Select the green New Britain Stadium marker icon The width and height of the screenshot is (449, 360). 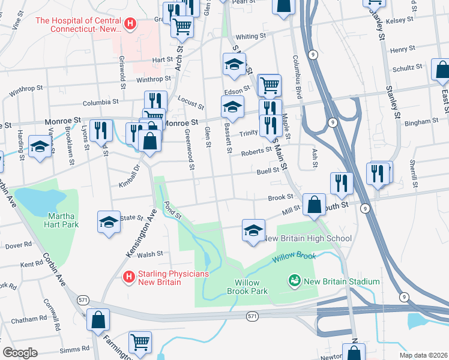tap(294, 280)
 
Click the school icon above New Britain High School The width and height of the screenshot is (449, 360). tap(253, 230)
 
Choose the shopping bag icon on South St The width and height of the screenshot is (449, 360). tap(315, 205)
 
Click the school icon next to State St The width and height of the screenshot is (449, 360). tap(109, 221)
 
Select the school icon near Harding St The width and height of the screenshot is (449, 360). tap(40, 146)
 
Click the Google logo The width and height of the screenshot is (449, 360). tap(20, 352)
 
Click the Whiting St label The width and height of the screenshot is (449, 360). tap(250, 36)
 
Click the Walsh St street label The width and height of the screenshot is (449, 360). tap(151, 254)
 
